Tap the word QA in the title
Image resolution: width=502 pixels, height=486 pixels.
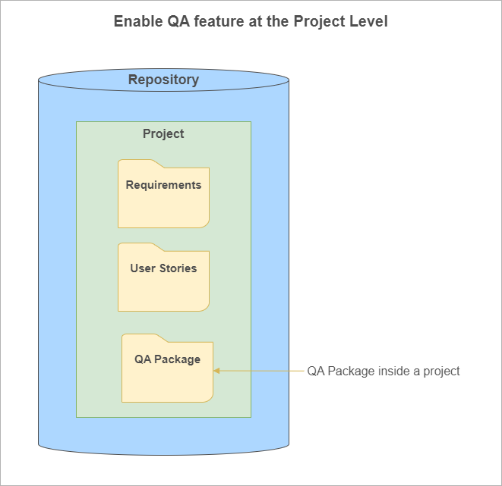coord(178,21)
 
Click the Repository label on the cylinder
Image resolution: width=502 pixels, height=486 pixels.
coord(163,80)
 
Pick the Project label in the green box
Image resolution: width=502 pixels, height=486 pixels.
coord(163,133)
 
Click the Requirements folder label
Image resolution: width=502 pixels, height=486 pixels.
coord(163,185)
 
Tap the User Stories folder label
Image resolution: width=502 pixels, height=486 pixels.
coord(163,268)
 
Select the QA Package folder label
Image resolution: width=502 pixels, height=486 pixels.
coord(167,359)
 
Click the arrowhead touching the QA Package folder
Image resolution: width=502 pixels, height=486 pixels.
coord(216,371)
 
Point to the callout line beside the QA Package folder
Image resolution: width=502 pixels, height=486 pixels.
coord(258,371)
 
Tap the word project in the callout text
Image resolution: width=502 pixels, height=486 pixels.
coord(441,372)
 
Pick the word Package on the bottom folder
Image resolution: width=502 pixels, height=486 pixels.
coord(178,359)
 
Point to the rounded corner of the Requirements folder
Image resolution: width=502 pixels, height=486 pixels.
coord(206,224)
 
